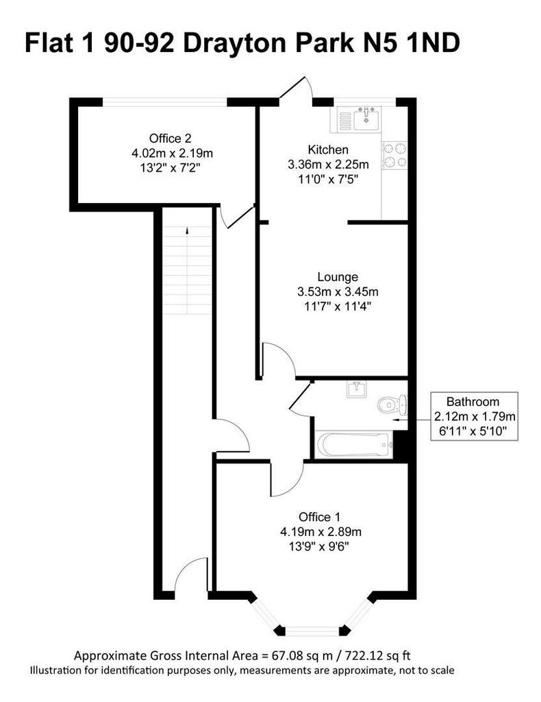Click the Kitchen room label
[x=328, y=149]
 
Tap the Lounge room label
[x=338, y=277]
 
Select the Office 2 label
[x=171, y=138]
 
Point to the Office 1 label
[x=319, y=517]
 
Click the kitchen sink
[x=366, y=119]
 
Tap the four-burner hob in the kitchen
[x=395, y=156]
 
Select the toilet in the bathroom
[x=392, y=404]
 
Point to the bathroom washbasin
[x=356, y=389]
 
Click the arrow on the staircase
[x=187, y=230]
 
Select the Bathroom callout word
[x=473, y=402]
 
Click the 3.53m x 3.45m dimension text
[x=338, y=292]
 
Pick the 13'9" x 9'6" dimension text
[x=319, y=546]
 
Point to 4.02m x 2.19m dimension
[x=172, y=154]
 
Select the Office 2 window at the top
[x=165, y=102]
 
